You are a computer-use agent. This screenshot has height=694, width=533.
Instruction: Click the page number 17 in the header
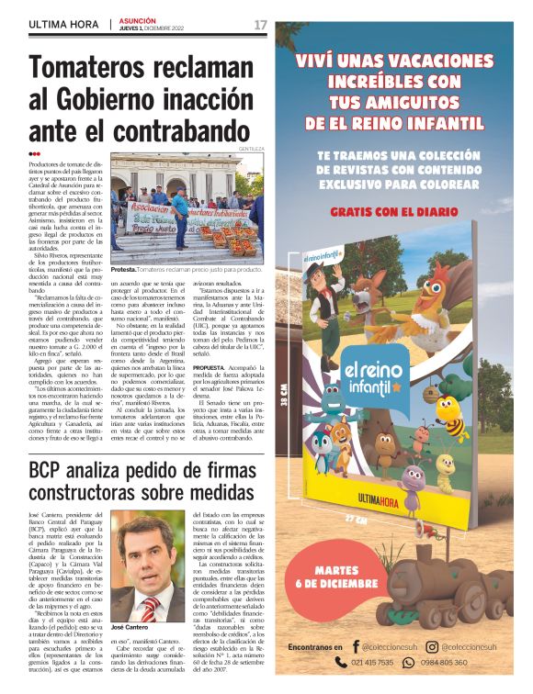260,24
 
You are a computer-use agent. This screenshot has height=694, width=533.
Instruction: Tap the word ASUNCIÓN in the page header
138,19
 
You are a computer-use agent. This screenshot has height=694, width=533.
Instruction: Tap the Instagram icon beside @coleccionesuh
431,647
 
